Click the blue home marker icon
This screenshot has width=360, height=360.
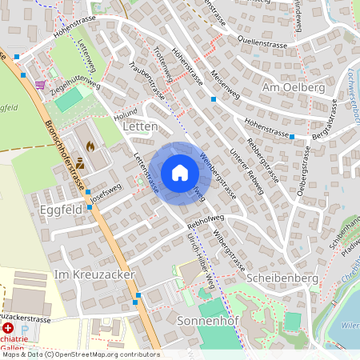pos(180,173)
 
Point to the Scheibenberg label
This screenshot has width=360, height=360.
pos(285,277)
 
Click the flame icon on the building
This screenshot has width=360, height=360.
pos(90,146)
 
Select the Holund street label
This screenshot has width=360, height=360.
pos(126,115)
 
